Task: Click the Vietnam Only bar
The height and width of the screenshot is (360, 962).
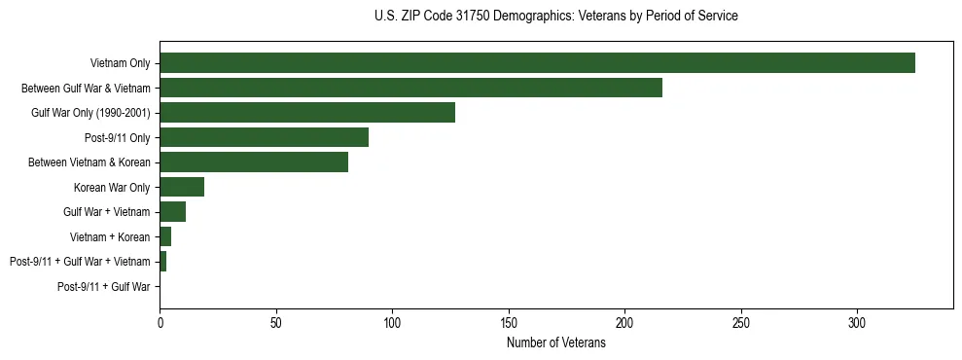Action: [x=537, y=62]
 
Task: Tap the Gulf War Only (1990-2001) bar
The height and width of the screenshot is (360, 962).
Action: [x=307, y=112]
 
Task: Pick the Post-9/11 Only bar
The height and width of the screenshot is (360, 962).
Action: [x=264, y=137]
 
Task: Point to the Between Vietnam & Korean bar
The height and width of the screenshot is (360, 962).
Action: [x=254, y=162]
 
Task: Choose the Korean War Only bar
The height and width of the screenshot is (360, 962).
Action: [x=182, y=187]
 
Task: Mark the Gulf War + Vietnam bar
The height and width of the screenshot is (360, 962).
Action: [x=172, y=211]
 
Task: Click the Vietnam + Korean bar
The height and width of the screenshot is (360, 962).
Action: [x=165, y=236]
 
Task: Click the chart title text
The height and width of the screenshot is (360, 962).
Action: [x=555, y=17]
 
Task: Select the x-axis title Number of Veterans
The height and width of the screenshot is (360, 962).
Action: [x=555, y=343]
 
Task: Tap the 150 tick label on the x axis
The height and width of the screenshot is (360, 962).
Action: [x=509, y=322]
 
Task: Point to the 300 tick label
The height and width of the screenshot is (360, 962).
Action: [x=857, y=322]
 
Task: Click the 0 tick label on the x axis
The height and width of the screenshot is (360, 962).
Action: [x=160, y=322]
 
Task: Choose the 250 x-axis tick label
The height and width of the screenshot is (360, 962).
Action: [x=741, y=322]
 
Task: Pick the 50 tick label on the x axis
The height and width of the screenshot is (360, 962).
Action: [x=276, y=322]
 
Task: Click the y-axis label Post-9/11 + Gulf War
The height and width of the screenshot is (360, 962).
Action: [x=103, y=286]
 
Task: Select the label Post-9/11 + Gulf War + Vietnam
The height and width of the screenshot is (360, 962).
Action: [x=80, y=262]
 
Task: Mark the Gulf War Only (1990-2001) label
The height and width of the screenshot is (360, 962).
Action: [x=90, y=113]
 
